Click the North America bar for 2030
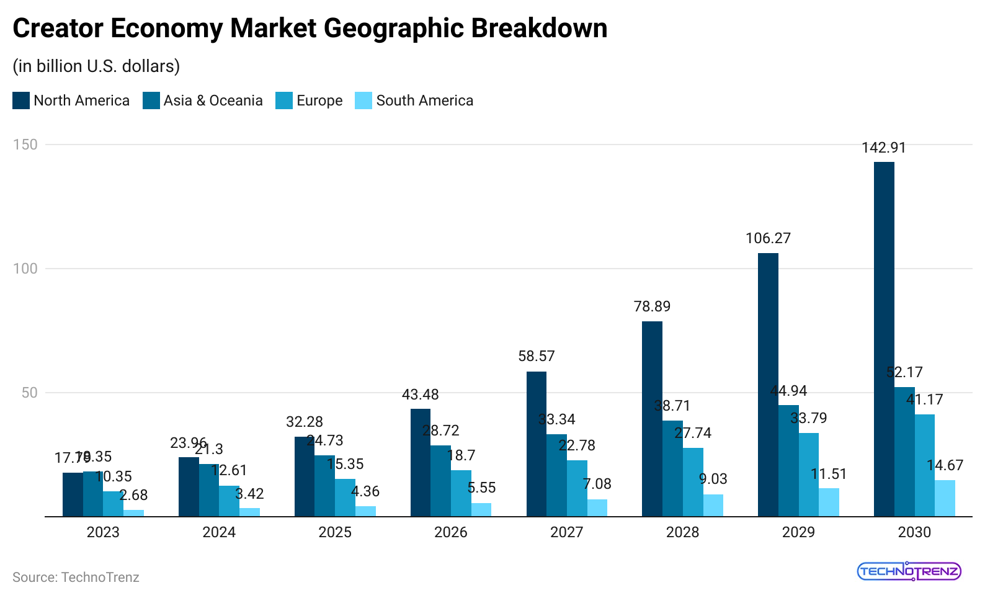click(884, 339)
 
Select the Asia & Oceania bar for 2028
click(672, 468)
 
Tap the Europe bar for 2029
click(808, 475)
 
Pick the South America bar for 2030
click(945, 498)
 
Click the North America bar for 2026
click(421, 462)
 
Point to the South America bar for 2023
click(133, 513)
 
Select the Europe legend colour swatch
click(284, 100)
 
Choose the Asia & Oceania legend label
click(213, 100)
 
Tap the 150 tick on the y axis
click(25, 145)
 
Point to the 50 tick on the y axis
click(29, 393)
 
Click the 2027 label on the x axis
click(566, 532)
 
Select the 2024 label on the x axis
click(219, 532)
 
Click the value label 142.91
click(883, 148)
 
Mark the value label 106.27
click(768, 238)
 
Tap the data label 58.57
click(537, 356)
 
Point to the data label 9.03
click(713, 479)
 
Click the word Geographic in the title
click(394, 29)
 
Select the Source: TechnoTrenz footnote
click(76, 578)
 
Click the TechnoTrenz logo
click(909, 571)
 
